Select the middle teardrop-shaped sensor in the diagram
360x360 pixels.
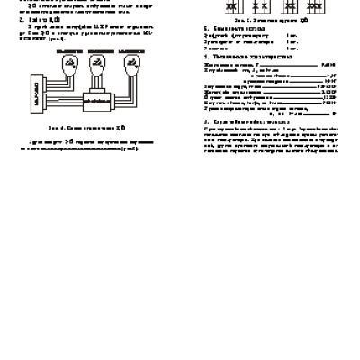[95, 67]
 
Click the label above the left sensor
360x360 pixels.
[68, 53]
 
